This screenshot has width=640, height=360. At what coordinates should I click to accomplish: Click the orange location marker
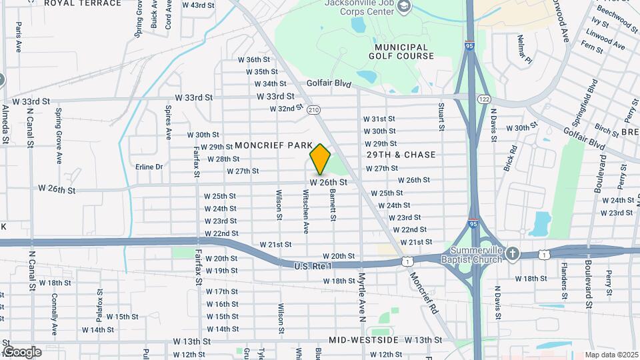pyautogui.click(x=320, y=159)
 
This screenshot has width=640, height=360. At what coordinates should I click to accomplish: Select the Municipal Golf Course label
pyautogui.click(x=401, y=51)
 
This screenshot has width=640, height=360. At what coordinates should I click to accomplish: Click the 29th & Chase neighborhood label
pyautogui.click(x=401, y=155)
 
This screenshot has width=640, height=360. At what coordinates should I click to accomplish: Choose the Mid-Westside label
pyautogui.click(x=363, y=340)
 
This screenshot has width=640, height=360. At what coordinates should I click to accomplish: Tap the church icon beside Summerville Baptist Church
pyautogui.click(x=511, y=254)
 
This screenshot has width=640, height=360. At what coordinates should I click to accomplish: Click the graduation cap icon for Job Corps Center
pyautogui.click(x=404, y=6)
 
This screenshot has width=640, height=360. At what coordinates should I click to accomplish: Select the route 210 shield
pyautogui.click(x=314, y=109)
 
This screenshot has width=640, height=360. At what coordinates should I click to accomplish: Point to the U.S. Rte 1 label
pyautogui.click(x=313, y=266)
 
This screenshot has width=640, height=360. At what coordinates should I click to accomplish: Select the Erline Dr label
pyautogui.click(x=149, y=167)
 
